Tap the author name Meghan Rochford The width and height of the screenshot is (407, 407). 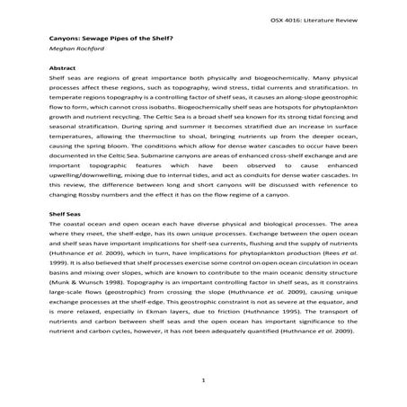(74, 53)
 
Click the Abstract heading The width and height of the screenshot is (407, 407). (61, 69)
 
